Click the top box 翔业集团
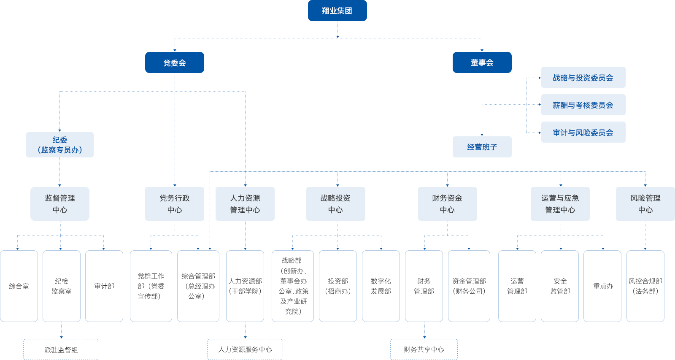[337, 11]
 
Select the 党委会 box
[174, 62]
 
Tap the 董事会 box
[482, 62]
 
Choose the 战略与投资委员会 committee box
[583, 78]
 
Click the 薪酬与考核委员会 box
[583, 105]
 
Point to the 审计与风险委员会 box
[583, 133]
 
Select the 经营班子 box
[482, 147]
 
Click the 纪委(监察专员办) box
[59, 145]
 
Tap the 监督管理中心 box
[59, 204]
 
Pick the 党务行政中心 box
[174, 204]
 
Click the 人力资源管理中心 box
[245, 204]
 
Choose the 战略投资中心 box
[335, 204]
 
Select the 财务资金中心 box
[447, 204]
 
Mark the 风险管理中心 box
[645, 204]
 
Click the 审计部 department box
[104, 286]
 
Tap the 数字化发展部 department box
[381, 286]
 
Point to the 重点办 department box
[602, 286]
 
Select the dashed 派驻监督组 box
[61, 349]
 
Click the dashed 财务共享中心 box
[424, 349]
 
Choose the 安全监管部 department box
[560, 286]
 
